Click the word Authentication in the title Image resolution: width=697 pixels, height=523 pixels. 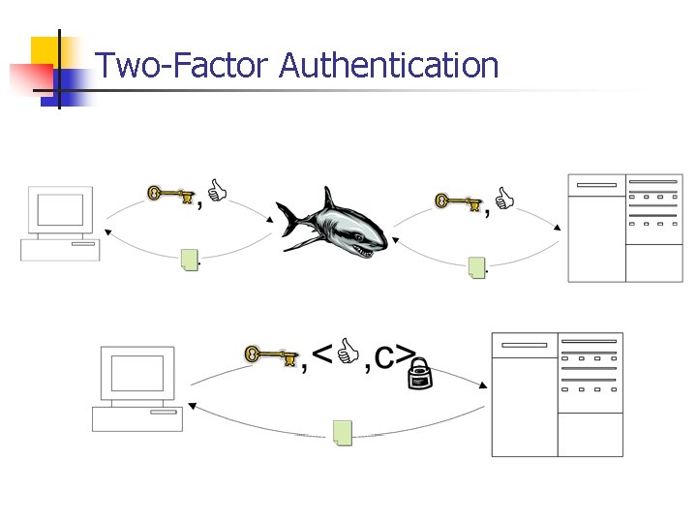[x=389, y=66]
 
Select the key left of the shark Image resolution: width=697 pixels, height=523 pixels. [x=168, y=196]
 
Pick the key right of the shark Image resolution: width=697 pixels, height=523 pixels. [x=458, y=201]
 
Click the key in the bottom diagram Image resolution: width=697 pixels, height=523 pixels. [x=270, y=355]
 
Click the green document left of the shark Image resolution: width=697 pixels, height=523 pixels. [x=190, y=259]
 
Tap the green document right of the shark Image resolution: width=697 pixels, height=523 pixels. [x=476, y=266]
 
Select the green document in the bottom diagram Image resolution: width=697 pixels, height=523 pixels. [x=343, y=432]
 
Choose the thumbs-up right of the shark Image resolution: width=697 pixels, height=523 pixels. [x=504, y=200]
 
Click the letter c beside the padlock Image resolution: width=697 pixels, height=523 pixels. [x=384, y=359]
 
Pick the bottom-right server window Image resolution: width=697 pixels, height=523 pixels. [x=557, y=394]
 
